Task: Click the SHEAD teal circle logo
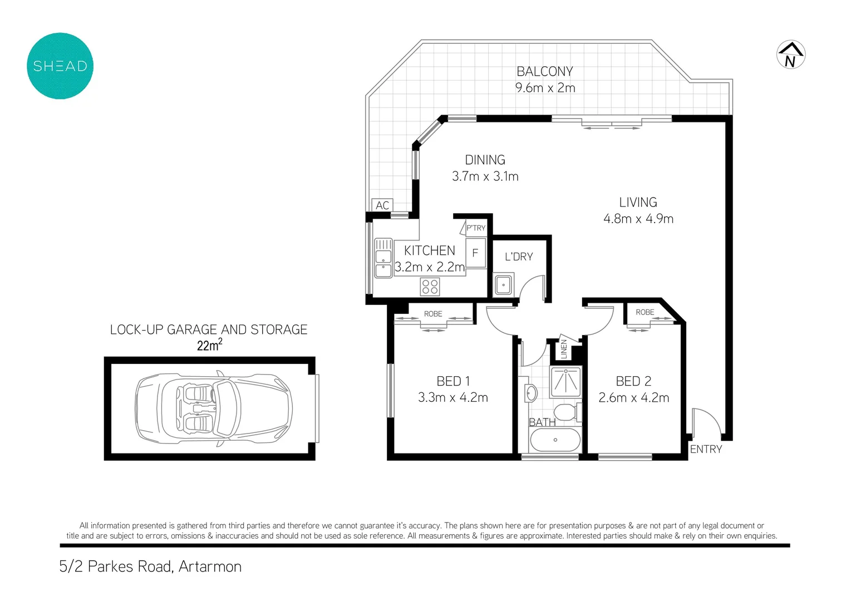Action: tap(60, 66)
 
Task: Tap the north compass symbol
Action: tap(790, 55)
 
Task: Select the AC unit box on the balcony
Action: tap(382, 205)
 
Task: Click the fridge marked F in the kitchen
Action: tap(475, 253)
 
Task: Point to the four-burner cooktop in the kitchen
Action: tap(430, 287)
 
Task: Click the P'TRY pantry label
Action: tap(476, 228)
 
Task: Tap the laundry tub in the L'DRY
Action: tap(503, 284)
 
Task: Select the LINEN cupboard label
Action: tap(564, 349)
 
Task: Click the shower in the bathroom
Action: tap(565, 381)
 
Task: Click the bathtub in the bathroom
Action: tap(555, 440)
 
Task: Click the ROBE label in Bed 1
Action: tap(433, 314)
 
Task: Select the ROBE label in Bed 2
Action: tap(645, 312)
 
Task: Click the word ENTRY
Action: tap(706, 449)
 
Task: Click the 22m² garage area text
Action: tap(209, 345)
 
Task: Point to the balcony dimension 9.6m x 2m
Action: tap(545, 87)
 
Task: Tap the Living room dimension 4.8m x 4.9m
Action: tap(638, 219)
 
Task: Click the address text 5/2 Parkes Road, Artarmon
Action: tap(150, 566)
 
